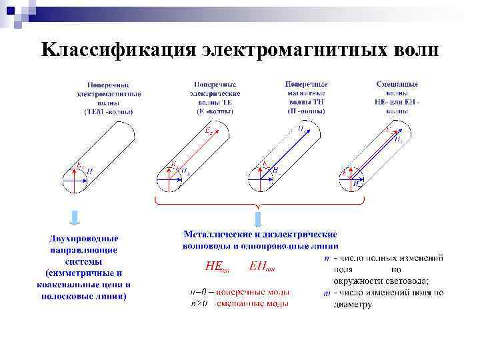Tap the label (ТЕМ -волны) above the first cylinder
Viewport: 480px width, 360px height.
click(108, 112)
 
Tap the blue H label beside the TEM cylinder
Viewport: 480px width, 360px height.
click(89, 172)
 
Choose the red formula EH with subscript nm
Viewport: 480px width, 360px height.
click(261, 267)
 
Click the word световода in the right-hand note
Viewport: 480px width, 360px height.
click(399, 281)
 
